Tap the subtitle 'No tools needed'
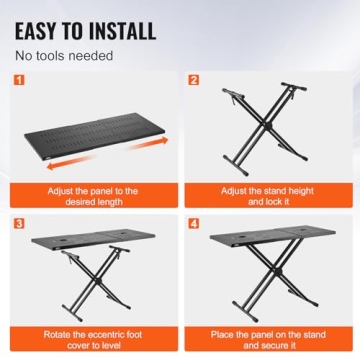(x=63, y=55)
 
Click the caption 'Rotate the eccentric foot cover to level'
(x=92, y=337)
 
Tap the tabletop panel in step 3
(x=90, y=243)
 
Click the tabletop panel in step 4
(x=266, y=245)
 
